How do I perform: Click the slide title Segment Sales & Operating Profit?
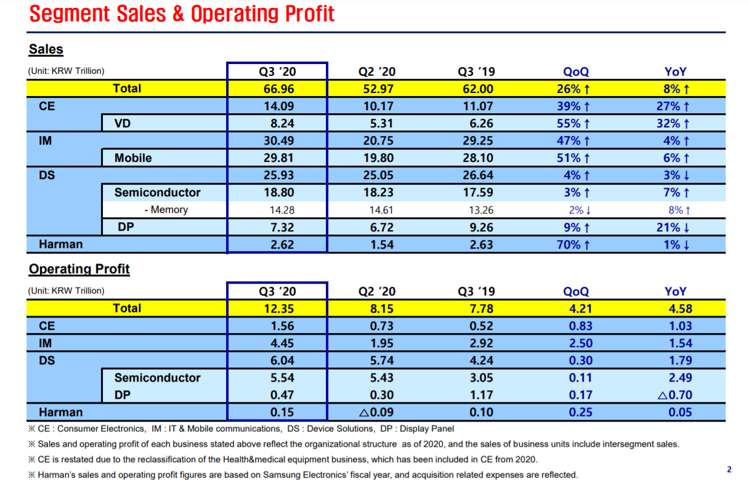[x=182, y=14]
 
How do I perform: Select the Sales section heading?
[x=46, y=49]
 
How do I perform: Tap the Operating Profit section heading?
[x=79, y=269]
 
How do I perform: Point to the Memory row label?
[x=166, y=210]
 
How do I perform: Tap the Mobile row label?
[x=133, y=158]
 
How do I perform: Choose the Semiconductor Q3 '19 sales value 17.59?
[x=477, y=193]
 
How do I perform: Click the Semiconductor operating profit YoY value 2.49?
[x=680, y=378]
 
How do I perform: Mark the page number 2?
[x=729, y=470]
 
